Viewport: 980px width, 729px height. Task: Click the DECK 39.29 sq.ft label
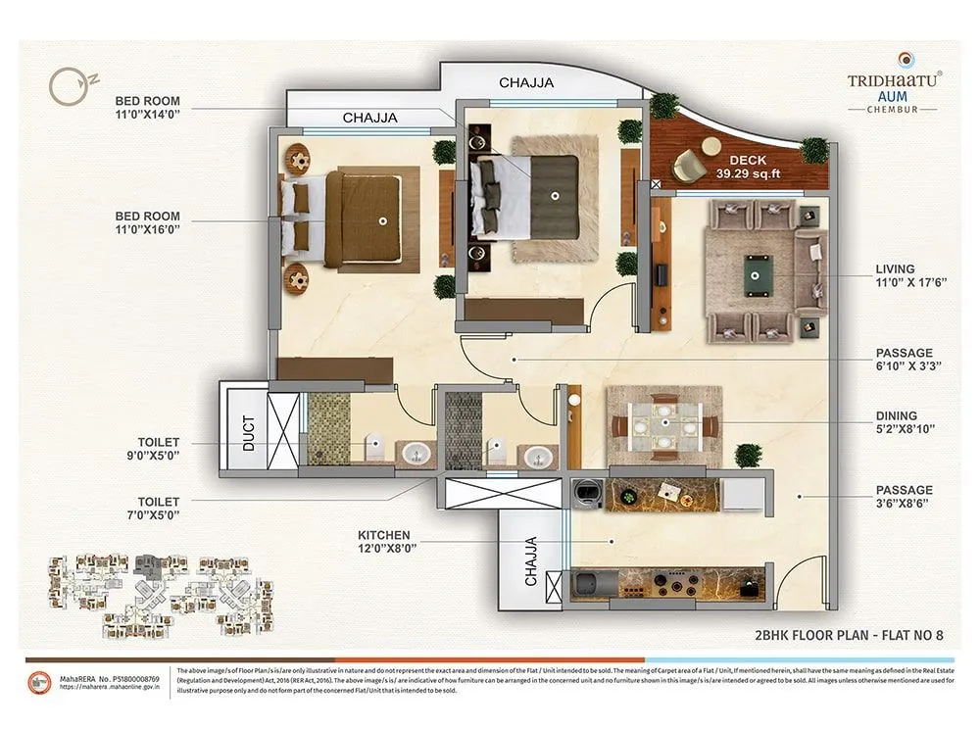point(754,167)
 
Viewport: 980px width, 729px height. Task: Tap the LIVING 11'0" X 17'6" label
point(896,276)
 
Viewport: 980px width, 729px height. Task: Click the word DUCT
point(247,430)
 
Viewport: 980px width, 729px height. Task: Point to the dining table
point(664,425)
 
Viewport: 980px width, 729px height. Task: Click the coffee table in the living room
point(758,267)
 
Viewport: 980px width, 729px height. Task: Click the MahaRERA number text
point(113,677)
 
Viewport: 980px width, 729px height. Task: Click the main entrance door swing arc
point(803,578)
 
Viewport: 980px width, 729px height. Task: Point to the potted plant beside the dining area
point(748,456)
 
